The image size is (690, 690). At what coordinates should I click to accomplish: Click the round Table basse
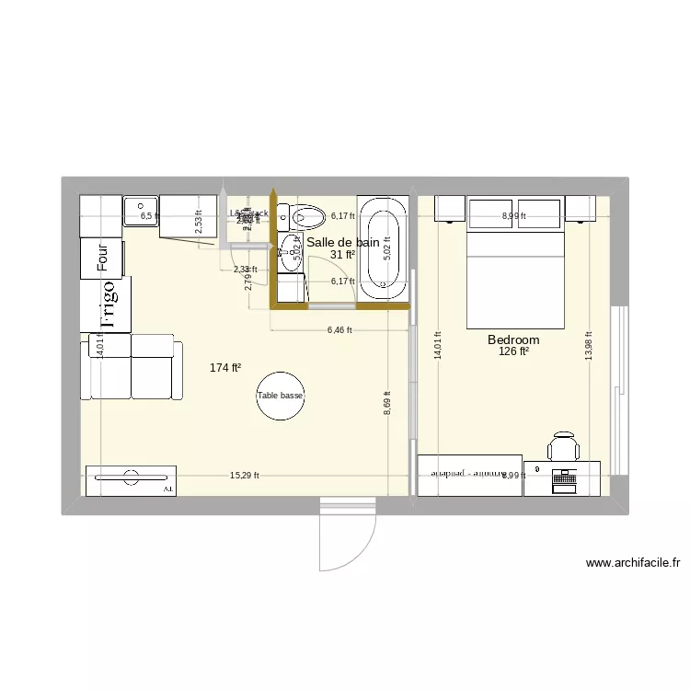pyautogui.click(x=280, y=396)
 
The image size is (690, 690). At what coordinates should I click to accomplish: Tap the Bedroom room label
pyautogui.click(x=513, y=340)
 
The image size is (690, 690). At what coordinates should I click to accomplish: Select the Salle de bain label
pyautogui.click(x=342, y=243)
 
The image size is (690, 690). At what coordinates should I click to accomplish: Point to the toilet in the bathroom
pyautogui.click(x=306, y=218)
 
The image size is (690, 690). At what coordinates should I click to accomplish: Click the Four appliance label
pyautogui.click(x=102, y=258)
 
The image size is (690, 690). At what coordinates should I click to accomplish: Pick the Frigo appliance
pyautogui.click(x=107, y=305)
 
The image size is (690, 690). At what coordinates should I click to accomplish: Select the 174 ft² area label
pyautogui.click(x=225, y=368)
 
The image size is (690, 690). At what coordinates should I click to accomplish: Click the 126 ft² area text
pyautogui.click(x=513, y=351)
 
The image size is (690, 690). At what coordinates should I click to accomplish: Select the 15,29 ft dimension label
pyautogui.click(x=245, y=476)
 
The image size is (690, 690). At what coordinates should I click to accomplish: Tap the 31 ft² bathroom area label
pyautogui.click(x=343, y=255)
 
